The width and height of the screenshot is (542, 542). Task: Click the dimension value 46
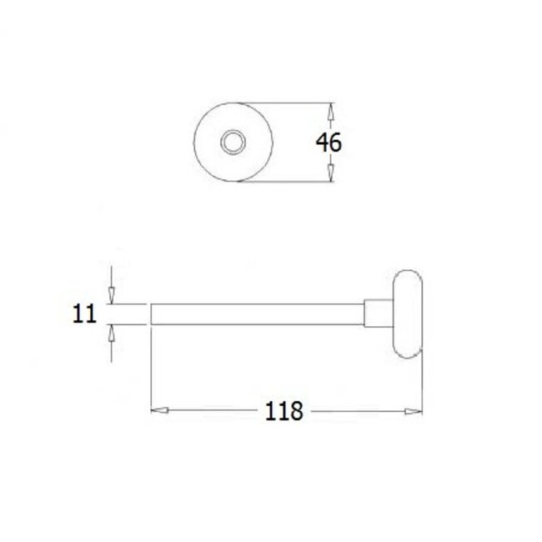pyautogui.click(x=329, y=143)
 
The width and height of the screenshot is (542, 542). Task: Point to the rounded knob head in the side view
pyautogui.click(x=407, y=314)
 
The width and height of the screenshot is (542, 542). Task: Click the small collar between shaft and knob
pyautogui.click(x=375, y=314)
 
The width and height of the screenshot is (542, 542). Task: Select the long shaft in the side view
pyautogui.click(x=258, y=314)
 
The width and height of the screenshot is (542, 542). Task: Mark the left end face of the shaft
pyautogui.click(x=151, y=314)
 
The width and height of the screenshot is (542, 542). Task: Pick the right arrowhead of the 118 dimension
pyautogui.click(x=413, y=410)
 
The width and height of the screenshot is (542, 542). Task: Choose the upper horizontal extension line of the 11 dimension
pyautogui.click(x=129, y=304)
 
